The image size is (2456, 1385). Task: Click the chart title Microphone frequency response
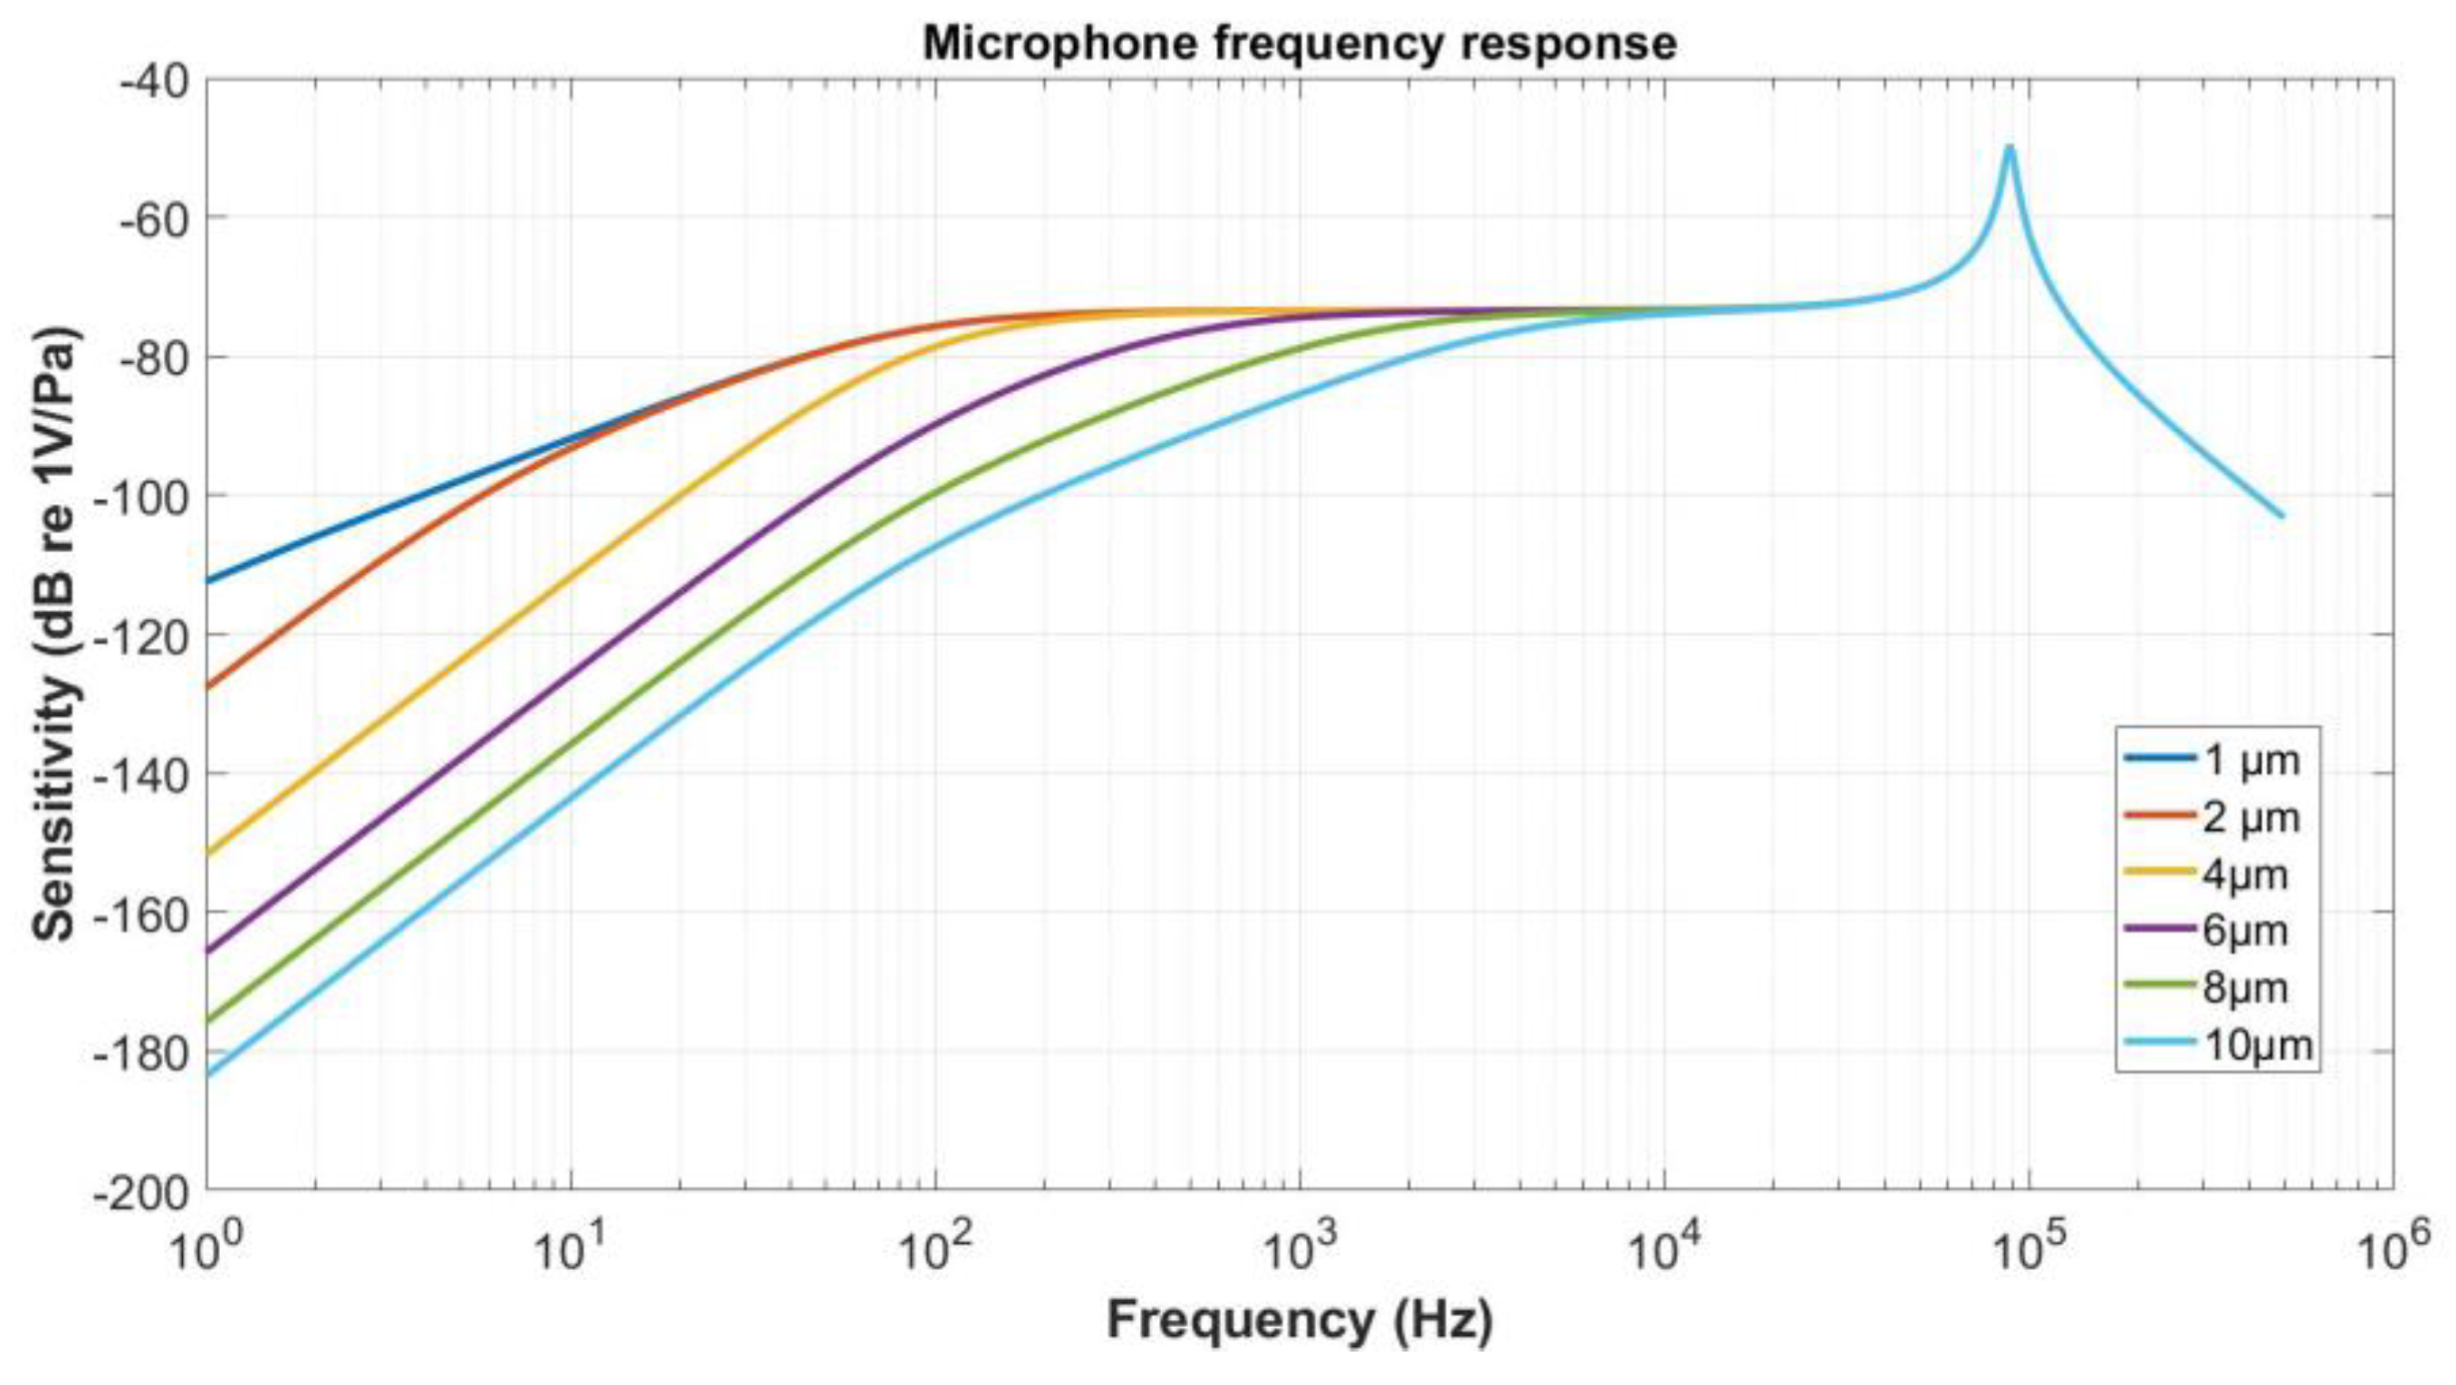pyautogui.click(x=1299, y=43)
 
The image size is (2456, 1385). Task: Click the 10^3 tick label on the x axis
pyautogui.click(x=1300, y=1251)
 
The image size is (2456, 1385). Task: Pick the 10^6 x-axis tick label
pyautogui.click(x=2394, y=1251)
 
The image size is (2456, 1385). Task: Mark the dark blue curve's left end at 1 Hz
pyautogui.click(x=209, y=580)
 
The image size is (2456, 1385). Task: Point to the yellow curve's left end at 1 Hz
pyautogui.click(x=209, y=852)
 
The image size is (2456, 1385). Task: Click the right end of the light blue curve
pyautogui.click(x=2281, y=517)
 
